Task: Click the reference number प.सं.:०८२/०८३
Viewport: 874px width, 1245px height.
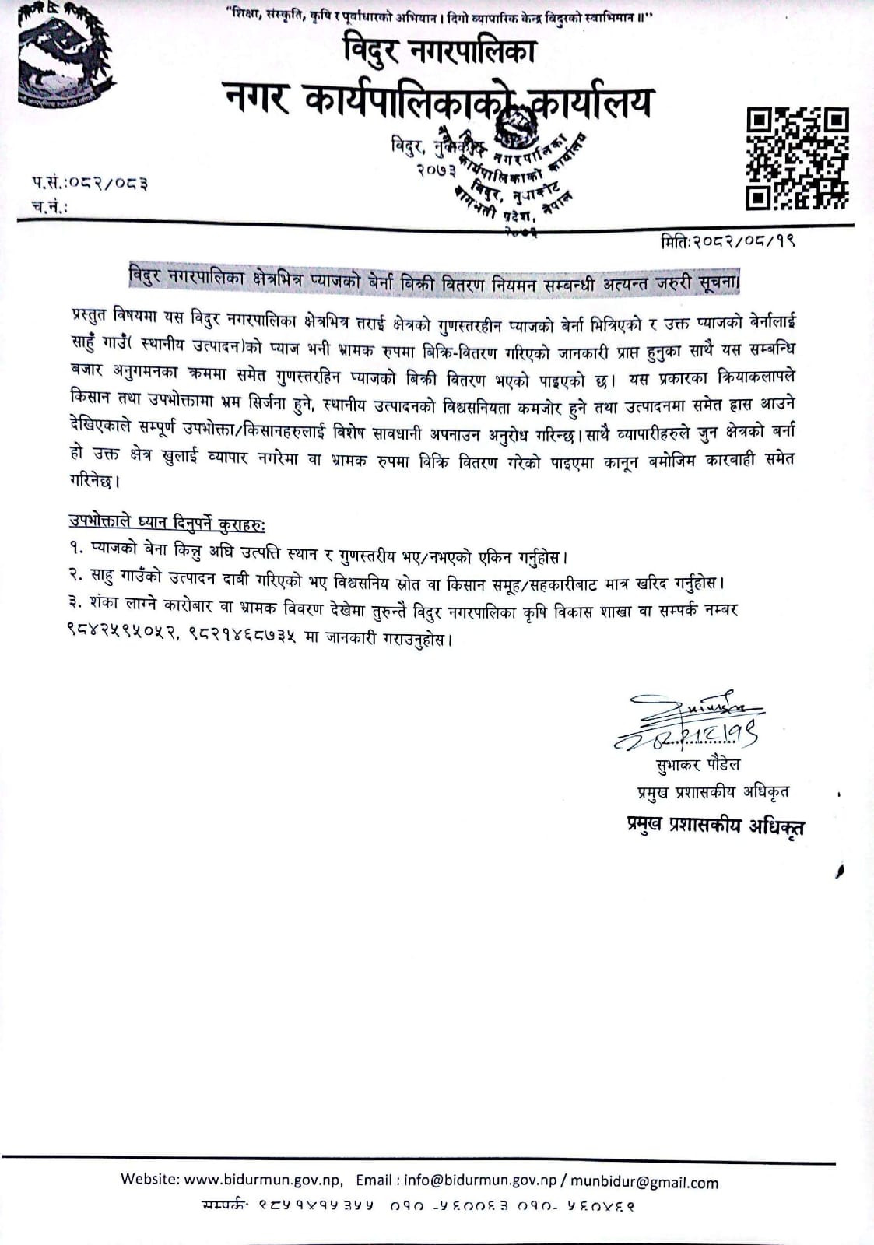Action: coord(90,184)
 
